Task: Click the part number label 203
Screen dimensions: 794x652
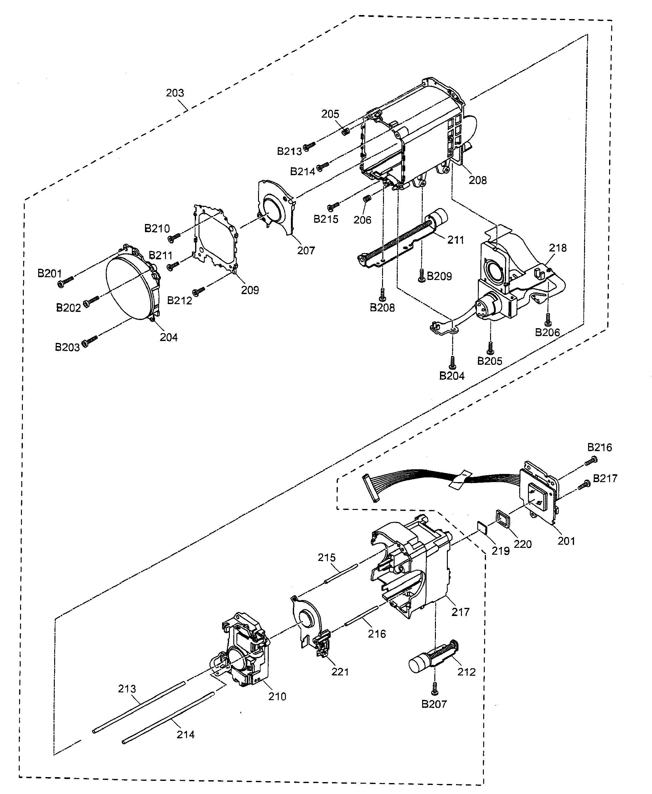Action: pos(175,93)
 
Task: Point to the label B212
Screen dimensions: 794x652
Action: pos(179,301)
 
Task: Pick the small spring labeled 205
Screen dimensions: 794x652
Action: pos(346,130)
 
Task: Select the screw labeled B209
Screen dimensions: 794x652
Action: pos(422,276)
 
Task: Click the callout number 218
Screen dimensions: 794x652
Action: pos(558,248)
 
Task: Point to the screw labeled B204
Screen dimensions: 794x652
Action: pos(453,361)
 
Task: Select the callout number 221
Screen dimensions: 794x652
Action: pos(340,672)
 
